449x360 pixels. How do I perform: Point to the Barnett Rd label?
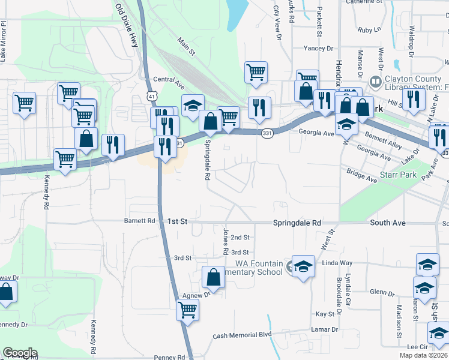(140, 221)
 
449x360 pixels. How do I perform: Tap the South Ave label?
(387, 223)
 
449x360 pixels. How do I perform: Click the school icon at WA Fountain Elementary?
(303, 266)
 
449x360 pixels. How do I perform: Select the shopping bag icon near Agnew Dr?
(213, 278)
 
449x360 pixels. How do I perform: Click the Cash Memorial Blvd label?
(242, 335)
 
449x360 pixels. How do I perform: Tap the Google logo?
(20, 353)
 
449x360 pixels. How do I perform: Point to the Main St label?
(187, 46)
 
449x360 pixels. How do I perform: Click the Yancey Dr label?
(313, 48)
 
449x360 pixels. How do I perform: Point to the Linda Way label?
(337, 263)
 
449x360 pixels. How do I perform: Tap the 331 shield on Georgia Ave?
(267, 134)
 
